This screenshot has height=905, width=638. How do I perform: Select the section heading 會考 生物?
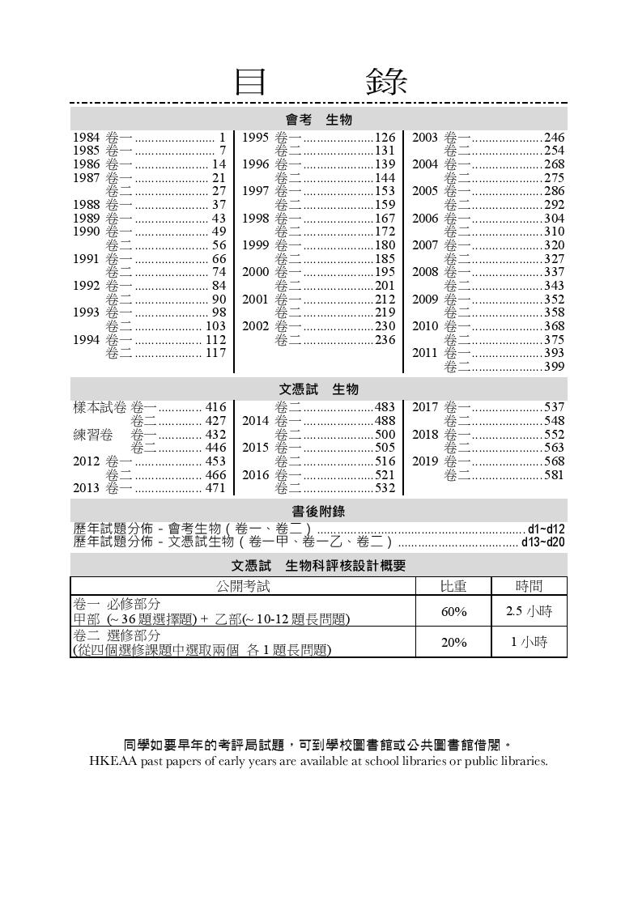tap(318, 120)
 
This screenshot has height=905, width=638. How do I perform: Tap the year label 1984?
tap(87, 138)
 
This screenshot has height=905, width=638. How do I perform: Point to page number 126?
tap(385, 138)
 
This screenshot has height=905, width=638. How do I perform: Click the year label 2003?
tap(425, 138)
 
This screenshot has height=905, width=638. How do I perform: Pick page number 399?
tap(554, 368)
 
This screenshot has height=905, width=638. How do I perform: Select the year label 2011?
tap(425, 354)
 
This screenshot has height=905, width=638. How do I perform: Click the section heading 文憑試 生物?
tap(318, 389)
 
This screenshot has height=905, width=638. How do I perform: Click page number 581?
tap(554, 475)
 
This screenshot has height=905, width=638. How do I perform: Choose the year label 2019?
tap(425, 461)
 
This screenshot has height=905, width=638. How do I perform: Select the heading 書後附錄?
tap(318, 511)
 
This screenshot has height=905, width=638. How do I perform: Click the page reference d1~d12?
tap(547, 529)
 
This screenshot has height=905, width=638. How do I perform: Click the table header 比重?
tap(453, 586)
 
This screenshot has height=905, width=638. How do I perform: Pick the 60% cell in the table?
tap(453, 612)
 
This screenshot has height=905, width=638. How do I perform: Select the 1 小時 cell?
tap(529, 642)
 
